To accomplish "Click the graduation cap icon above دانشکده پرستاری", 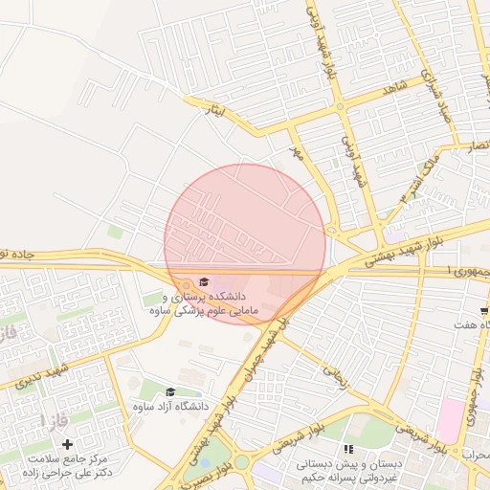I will pyautogui.click(x=203, y=280).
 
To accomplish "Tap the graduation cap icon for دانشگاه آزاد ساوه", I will pyautogui.click(x=170, y=391).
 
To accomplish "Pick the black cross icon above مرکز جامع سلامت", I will pyautogui.click(x=67, y=444).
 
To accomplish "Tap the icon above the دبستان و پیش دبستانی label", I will pyautogui.click(x=348, y=448).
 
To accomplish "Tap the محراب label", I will pyautogui.click(x=475, y=454).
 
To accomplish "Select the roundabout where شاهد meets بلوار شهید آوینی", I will pyautogui.click(x=341, y=106).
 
